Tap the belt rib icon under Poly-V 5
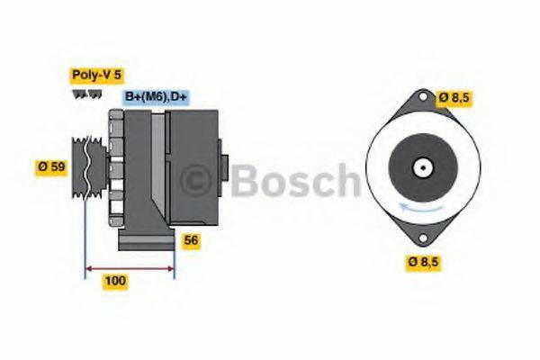85,94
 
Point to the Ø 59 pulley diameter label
51,166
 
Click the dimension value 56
190,240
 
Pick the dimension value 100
115,281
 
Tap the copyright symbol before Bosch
201,181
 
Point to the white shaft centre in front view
421,167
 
